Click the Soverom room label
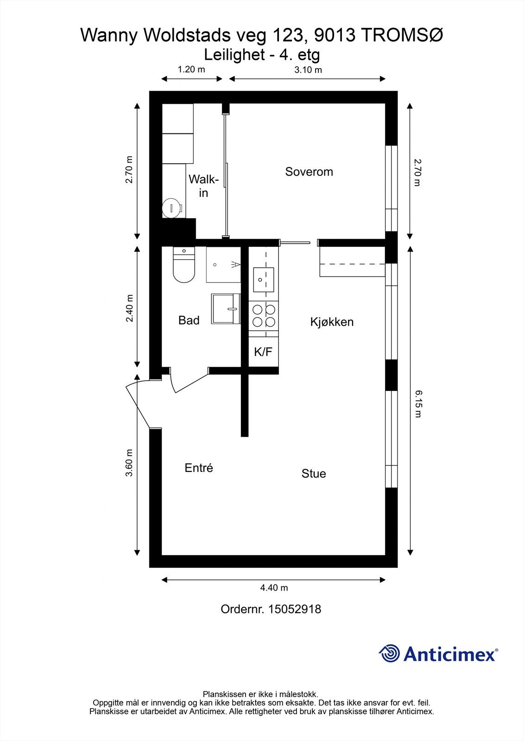(309, 172)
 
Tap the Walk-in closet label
(203, 186)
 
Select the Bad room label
(189, 320)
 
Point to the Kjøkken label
(332, 322)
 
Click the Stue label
(314, 474)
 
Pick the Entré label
(199, 468)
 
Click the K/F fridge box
(264, 352)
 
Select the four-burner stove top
(264, 316)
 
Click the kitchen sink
(264, 280)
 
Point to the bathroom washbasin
(226, 308)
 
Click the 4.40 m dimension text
(274, 588)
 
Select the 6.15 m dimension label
(418, 404)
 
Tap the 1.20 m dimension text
(191, 69)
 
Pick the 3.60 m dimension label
(129, 463)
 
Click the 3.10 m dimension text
(308, 70)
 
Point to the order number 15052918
(294, 609)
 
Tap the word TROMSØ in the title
(402, 35)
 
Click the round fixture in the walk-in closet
(172, 208)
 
